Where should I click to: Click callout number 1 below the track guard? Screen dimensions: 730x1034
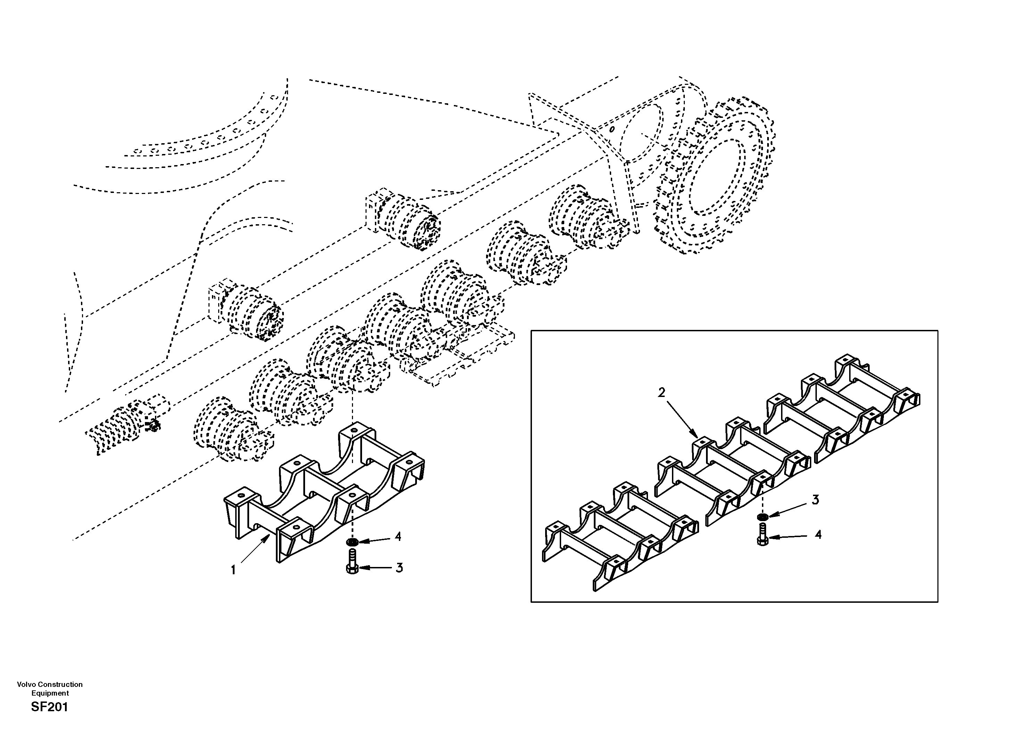pos(233,570)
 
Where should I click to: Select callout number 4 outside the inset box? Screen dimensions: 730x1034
pos(398,536)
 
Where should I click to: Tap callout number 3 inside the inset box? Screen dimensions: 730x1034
pos(815,500)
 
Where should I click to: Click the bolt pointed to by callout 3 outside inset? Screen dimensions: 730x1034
pos(352,562)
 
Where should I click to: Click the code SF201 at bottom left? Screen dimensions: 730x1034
pos(50,707)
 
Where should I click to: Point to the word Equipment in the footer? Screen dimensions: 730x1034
pos(50,693)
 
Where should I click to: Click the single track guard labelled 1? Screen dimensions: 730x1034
pos(324,491)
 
